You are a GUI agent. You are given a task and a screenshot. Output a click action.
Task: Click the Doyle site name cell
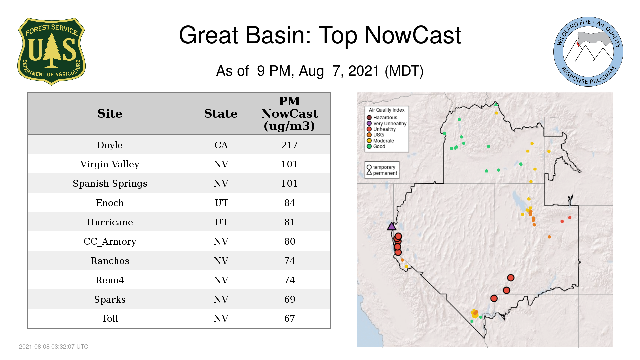tap(110, 145)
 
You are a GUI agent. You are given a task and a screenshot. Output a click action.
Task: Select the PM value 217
tap(289, 145)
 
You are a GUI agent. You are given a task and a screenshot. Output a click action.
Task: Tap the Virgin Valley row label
tap(110, 164)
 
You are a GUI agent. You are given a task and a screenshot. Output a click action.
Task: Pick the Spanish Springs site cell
tap(110, 184)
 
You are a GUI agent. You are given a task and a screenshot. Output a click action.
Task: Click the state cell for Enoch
tap(221, 203)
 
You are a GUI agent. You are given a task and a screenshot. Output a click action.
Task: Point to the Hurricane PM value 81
tap(289, 222)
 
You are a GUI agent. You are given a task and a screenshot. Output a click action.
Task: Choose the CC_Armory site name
tap(110, 241)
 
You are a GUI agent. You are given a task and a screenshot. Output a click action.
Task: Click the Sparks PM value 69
tap(289, 299)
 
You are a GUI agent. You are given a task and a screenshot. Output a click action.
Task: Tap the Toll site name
tap(110, 318)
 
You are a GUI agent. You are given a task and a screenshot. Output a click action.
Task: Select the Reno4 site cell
tap(110, 280)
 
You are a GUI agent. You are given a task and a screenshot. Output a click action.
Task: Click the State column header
tap(221, 114)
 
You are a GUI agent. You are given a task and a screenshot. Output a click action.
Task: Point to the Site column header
tap(110, 114)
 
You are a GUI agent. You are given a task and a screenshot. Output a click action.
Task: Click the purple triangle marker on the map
tap(392, 227)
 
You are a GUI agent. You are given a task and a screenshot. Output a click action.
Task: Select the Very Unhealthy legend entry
tap(387, 123)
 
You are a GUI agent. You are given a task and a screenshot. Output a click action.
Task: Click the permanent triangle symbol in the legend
tap(369, 173)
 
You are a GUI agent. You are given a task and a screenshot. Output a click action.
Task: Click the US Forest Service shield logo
tap(51, 52)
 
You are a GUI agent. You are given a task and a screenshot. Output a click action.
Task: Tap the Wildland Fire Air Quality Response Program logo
tap(588, 52)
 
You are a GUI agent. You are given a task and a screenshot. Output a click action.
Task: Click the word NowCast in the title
tap(413, 35)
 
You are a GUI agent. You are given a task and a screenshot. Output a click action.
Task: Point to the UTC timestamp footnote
tap(54, 347)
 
